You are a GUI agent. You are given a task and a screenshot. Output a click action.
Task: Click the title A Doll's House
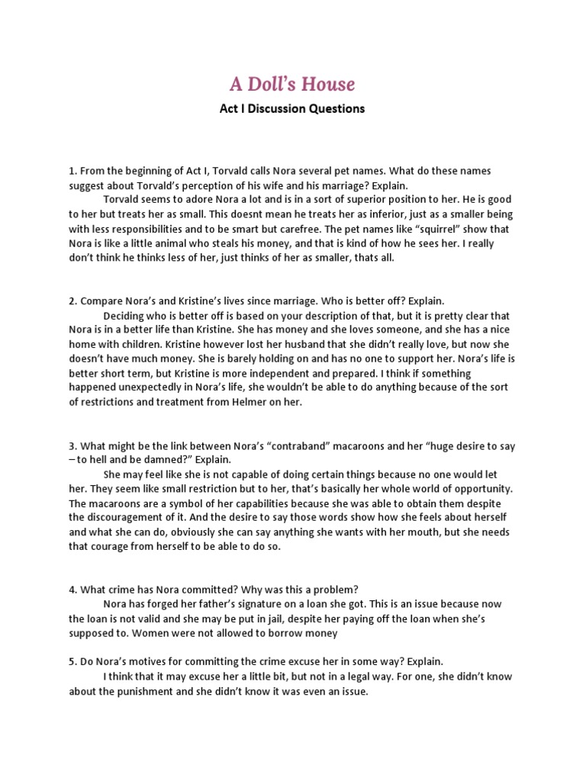click(292, 83)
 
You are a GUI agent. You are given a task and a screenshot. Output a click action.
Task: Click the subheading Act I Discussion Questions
click(292, 108)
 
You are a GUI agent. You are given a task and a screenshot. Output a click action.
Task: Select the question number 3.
click(72, 445)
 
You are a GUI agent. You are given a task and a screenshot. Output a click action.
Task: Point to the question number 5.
click(72, 660)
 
